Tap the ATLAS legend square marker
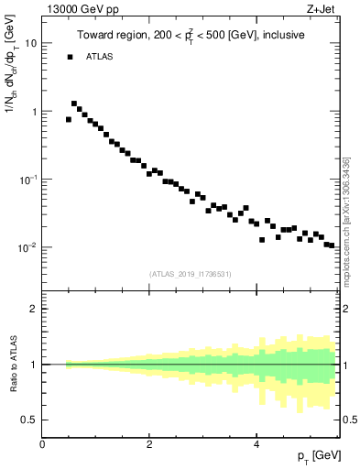70,57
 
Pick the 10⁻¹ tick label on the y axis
29,179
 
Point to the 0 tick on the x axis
42,444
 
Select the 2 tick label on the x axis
149,444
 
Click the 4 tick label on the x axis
256,444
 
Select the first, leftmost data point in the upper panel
69,119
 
